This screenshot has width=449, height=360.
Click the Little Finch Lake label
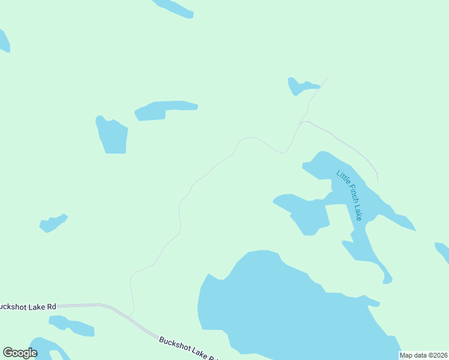click(x=349, y=196)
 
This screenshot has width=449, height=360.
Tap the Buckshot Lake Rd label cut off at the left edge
click(x=28, y=307)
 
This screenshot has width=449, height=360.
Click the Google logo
click(x=20, y=353)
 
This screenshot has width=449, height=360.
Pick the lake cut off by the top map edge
click(x=173, y=7)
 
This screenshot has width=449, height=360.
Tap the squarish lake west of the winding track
click(x=112, y=136)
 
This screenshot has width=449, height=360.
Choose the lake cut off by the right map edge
click(x=443, y=250)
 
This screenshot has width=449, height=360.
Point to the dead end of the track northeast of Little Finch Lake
click(x=378, y=180)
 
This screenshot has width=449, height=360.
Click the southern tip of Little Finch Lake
click(x=387, y=280)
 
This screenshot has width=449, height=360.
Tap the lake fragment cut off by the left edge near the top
click(x=4, y=41)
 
